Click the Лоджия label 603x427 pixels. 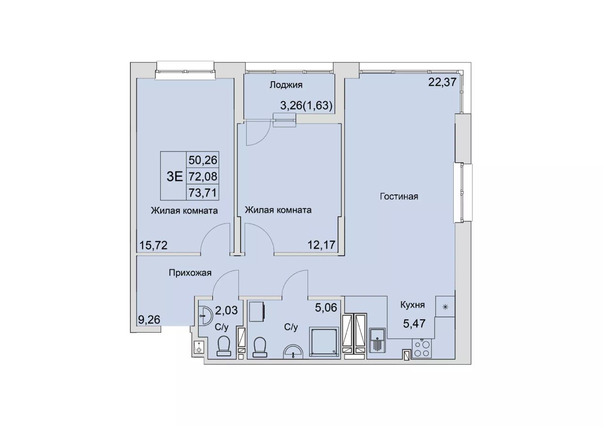click(286, 85)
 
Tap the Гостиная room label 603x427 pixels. click(399, 197)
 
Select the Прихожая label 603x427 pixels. click(190, 273)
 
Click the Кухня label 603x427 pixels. click(412, 305)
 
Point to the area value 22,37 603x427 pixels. click(442, 82)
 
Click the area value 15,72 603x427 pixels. click(153, 245)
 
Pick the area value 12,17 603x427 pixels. click(321, 245)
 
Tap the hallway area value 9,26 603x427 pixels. click(149, 320)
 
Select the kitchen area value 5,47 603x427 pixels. click(414, 323)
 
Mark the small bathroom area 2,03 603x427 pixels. click(227, 310)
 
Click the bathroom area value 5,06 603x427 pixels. click(326, 307)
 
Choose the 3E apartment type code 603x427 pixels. click(175, 176)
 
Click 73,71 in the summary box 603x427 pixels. click(203, 193)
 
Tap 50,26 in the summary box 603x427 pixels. click(203, 160)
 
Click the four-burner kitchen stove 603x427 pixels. click(422, 349)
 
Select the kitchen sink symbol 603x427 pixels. click(377, 340)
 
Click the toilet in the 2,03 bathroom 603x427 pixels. click(224, 346)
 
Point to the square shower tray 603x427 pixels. click(324, 342)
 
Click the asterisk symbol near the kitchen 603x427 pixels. click(445, 307)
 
